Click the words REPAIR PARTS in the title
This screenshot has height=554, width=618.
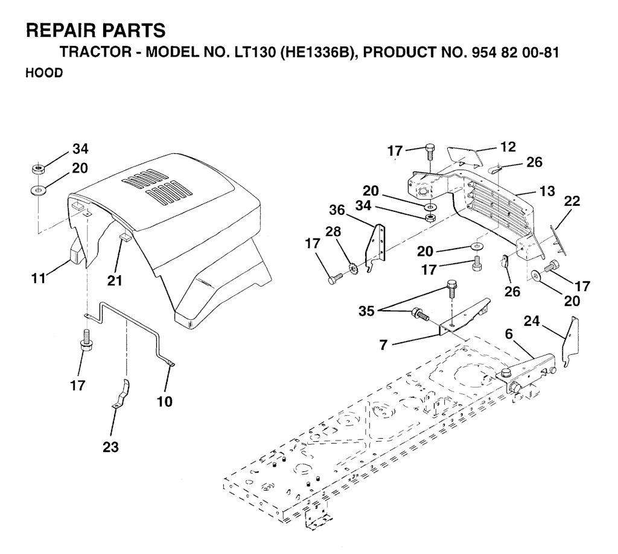click(95, 30)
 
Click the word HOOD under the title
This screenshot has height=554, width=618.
click(44, 73)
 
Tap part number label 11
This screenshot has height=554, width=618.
click(39, 279)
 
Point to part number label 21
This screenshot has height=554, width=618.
click(115, 281)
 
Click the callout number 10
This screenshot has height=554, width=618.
click(165, 402)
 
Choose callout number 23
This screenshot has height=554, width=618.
click(111, 447)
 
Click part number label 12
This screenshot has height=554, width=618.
click(508, 147)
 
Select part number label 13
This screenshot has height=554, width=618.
click(547, 191)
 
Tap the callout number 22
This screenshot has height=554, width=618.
click(572, 201)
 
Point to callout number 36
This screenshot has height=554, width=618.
click(337, 210)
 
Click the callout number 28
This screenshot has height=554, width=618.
click(333, 231)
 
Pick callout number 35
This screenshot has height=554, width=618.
click(366, 311)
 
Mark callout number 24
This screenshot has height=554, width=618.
click(532, 321)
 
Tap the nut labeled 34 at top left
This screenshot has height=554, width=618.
click(38, 170)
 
